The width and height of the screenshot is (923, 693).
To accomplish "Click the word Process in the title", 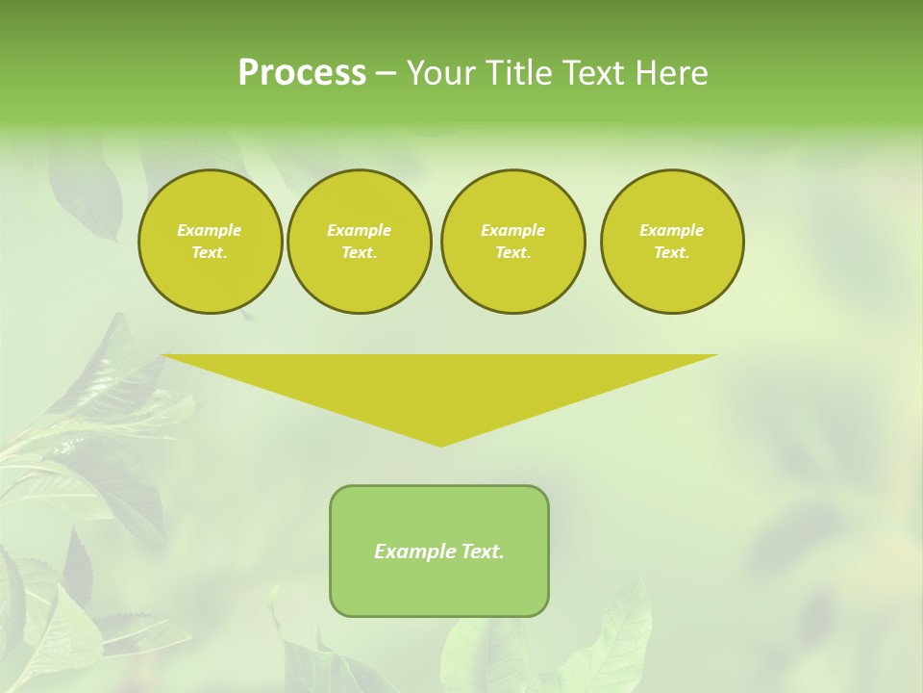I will tap(302, 73).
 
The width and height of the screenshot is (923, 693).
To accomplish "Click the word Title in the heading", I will tap(516, 73).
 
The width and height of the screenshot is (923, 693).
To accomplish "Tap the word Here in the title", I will tap(670, 73).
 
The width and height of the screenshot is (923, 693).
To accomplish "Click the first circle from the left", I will tap(210, 242).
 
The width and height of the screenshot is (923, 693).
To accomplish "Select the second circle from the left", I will tap(359, 242).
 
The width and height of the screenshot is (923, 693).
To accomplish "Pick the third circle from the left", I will tap(512, 242).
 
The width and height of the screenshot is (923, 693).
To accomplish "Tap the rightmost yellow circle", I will tap(672, 242).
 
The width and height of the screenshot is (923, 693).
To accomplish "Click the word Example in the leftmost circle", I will tap(210, 230).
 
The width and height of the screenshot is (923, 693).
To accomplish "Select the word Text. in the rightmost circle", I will tap(672, 253).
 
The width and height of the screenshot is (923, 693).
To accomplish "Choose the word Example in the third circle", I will tap(512, 230).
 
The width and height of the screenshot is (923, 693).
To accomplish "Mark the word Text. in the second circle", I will tap(359, 253).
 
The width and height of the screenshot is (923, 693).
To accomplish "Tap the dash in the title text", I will tap(386, 73).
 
